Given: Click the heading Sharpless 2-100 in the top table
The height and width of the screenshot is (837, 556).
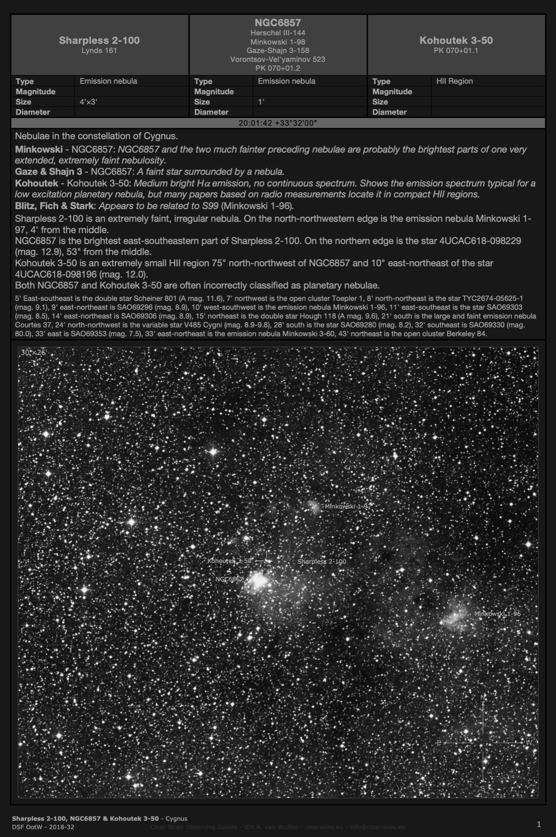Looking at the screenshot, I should click(x=99, y=40).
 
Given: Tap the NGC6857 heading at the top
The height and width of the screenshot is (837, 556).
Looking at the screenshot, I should click(x=278, y=23).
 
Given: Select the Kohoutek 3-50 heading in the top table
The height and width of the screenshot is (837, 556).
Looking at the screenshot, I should click(x=456, y=40).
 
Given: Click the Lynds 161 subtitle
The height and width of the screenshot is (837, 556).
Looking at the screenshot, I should click(x=99, y=51).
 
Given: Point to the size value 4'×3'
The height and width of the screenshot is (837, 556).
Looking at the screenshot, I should click(x=89, y=102).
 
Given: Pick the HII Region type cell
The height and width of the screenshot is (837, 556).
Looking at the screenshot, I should click(x=454, y=81).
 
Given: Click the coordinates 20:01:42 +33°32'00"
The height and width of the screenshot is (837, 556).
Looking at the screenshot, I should click(x=278, y=123).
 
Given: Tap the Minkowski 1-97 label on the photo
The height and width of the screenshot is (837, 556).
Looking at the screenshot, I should click(x=348, y=506).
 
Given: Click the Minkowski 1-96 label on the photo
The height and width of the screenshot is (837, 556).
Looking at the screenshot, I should click(x=497, y=614).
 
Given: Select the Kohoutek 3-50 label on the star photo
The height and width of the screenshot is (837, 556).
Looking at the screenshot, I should click(x=229, y=561).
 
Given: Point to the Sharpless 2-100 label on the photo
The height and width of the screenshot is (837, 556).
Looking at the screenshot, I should click(x=322, y=561).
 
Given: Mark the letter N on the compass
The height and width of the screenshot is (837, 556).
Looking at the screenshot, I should click(x=483, y=698).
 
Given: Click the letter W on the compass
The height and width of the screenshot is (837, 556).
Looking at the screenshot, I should click(x=528, y=742).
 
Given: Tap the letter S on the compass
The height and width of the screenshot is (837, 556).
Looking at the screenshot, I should click(x=483, y=788).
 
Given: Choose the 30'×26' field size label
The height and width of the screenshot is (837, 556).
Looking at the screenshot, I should click(x=33, y=352).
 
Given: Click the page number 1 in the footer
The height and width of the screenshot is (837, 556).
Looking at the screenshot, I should click(x=539, y=824).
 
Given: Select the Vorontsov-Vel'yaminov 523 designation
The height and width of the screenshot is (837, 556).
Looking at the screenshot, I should click(x=278, y=59).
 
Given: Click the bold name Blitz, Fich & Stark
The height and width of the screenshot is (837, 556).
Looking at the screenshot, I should click(x=54, y=206).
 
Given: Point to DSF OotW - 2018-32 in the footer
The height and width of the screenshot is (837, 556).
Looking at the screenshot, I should click(x=43, y=827).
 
